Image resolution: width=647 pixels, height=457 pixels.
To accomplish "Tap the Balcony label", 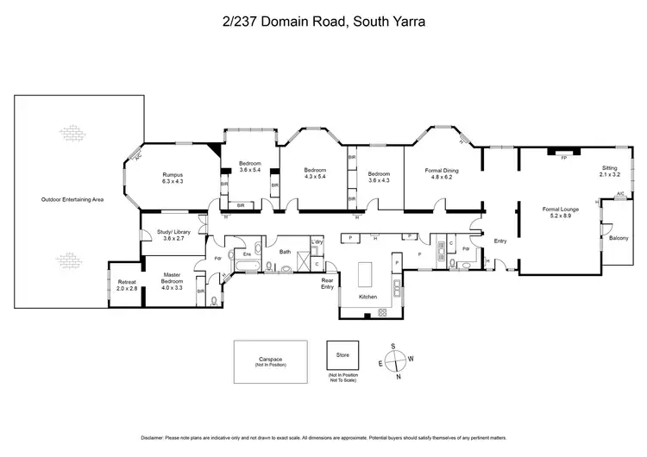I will (x=619, y=238).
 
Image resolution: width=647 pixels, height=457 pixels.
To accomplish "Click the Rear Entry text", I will (x=327, y=284).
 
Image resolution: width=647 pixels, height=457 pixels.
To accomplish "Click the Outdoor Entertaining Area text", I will (x=72, y=199).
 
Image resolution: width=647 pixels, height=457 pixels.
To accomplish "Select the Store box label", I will (x=342, y=353).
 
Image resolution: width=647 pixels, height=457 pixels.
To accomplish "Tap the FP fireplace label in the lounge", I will (x=563, y=159).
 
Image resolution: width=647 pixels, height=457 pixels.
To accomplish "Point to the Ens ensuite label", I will (x=246, y=254).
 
